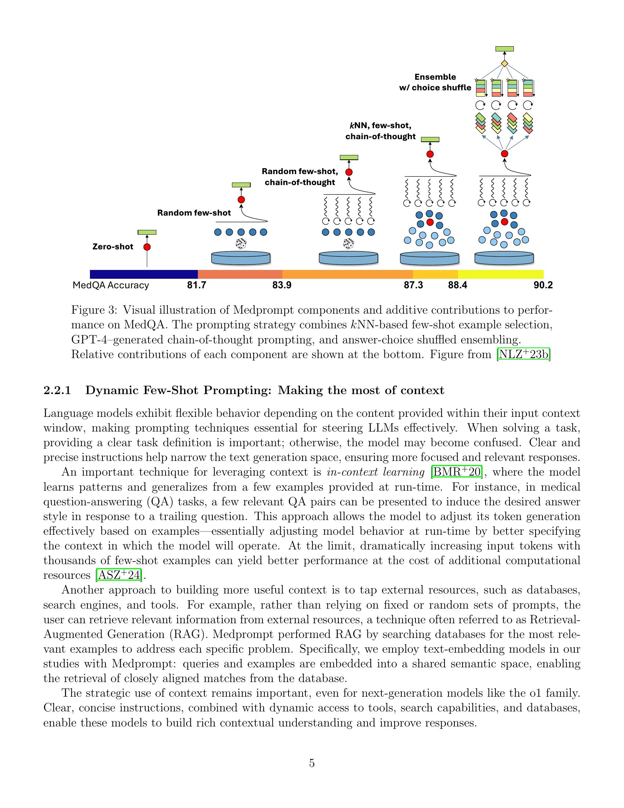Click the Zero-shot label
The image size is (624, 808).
[112, 247]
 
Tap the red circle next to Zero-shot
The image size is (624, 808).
[147, 247]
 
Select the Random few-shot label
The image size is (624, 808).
[194, 213]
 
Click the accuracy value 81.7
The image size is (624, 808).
[196, 285]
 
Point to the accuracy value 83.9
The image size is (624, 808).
[282, 285]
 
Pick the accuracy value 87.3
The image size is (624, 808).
[413, 285]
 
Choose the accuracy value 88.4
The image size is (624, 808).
[458, 285]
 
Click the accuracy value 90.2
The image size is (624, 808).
[543, 285]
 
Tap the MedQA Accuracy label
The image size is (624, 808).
[110, 285]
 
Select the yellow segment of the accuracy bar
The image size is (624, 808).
[501, 274]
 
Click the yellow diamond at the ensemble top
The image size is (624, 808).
[504, 64]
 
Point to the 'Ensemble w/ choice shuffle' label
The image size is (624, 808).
[435, 82]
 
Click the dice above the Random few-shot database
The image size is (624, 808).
[241, 244]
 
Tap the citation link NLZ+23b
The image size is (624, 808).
[523, 354]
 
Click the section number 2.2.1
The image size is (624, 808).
[57, 391]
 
